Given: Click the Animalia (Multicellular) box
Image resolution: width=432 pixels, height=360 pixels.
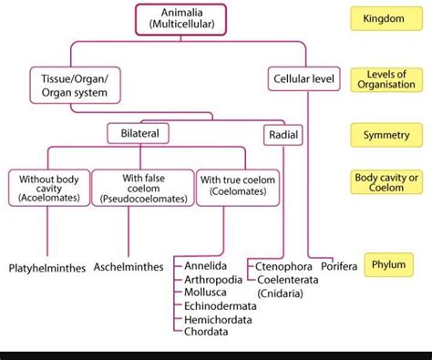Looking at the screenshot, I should [x=181, y=19].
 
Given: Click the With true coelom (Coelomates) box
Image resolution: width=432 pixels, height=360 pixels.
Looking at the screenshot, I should [x=238, y=185].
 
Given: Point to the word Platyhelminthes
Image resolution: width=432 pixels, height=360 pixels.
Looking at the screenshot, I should [x=47, y=268].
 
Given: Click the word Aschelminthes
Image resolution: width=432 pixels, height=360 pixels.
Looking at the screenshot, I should [x=129, y=268].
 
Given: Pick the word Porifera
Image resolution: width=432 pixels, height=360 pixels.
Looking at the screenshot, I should [x=338, y=266].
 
